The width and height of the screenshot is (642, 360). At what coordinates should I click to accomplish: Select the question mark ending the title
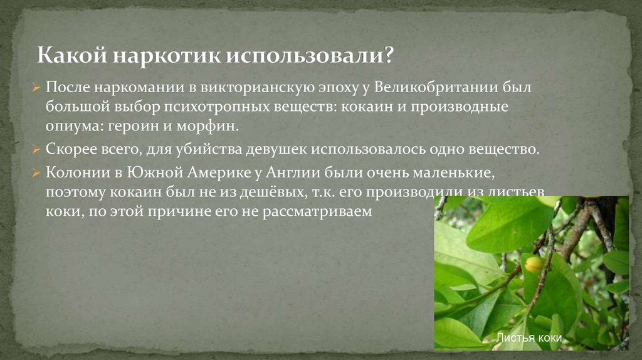pos(389,56)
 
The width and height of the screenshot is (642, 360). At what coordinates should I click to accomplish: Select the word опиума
pos(68,126)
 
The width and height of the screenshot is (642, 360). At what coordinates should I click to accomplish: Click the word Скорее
pos(70,151)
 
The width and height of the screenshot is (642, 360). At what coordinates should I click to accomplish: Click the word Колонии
pos(76,173)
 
